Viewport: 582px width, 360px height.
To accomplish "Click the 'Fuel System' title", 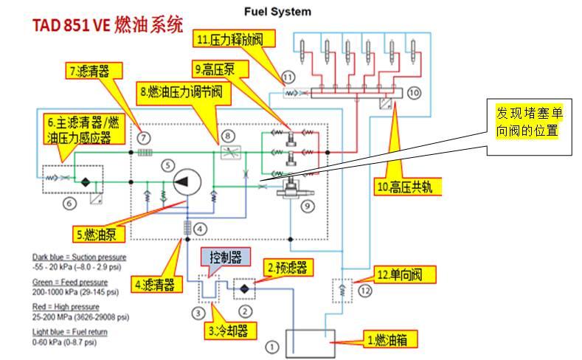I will [277, 12].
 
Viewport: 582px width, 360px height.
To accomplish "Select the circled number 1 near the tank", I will [272, 345].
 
